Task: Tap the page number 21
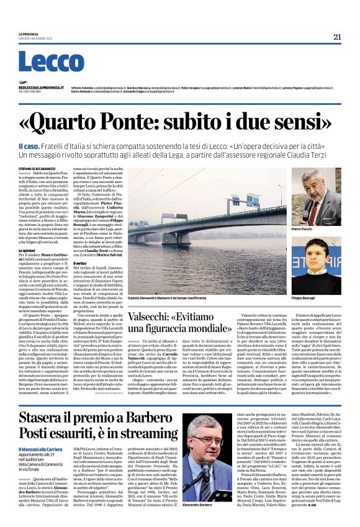pos(337,36)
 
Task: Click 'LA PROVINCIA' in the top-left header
pos(29,34)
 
